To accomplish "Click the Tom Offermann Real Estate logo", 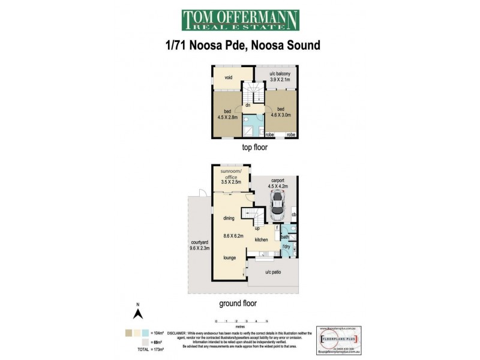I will point(239,21).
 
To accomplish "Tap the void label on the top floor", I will point(228,77).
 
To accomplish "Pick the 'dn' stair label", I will point(247,105).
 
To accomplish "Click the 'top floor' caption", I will point(254,147).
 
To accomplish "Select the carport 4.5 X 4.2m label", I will point(277,183).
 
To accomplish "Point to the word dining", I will point(229,218).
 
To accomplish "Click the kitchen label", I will point(261,240).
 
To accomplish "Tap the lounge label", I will point(229,257).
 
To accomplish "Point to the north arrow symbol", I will point(137,313).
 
